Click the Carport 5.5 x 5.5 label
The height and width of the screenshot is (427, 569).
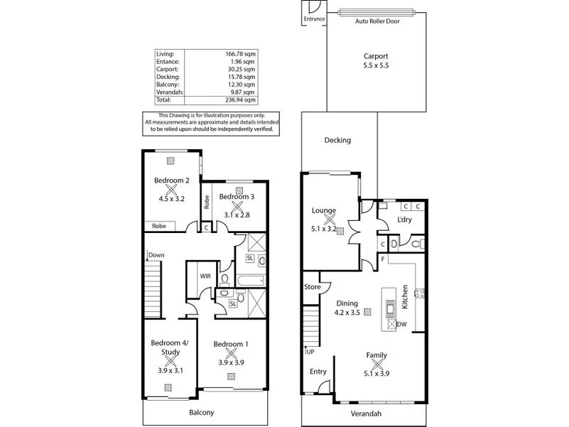376,60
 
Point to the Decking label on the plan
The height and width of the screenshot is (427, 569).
337,140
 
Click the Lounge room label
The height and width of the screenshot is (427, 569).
324,210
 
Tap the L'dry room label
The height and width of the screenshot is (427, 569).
405,220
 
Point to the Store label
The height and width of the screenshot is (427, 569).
312,288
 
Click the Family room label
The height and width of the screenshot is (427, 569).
376,355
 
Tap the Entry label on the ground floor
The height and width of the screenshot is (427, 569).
318,372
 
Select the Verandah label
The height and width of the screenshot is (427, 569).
367,414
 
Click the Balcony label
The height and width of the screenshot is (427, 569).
202,412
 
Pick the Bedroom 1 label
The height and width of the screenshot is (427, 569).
231,345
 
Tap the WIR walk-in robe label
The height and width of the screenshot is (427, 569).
205,276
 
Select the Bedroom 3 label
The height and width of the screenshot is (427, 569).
237,196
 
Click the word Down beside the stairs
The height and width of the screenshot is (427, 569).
157,255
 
